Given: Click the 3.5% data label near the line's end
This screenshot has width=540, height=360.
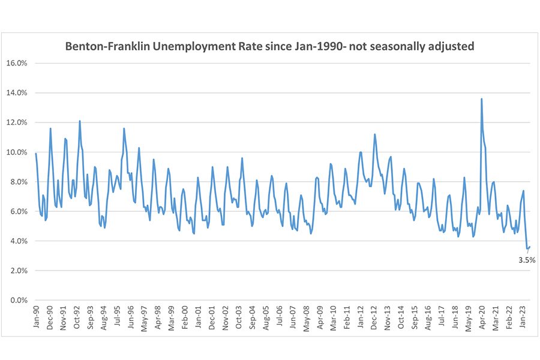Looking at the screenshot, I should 526,260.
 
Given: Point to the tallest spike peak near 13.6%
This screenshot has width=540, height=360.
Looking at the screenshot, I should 481,99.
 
